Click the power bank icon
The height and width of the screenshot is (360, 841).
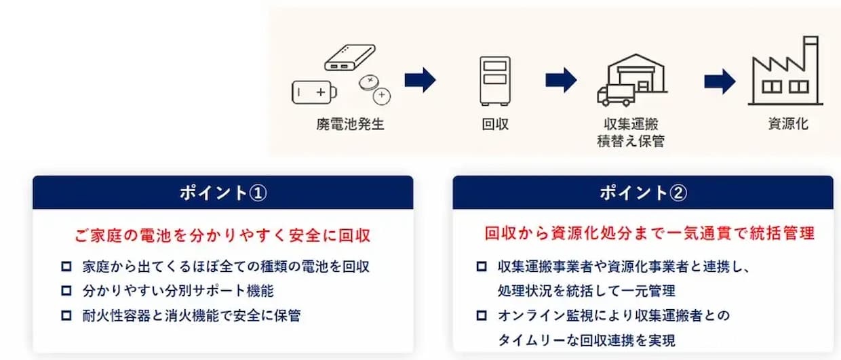pos(349,58)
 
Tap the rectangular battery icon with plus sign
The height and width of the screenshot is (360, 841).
pos(314,92)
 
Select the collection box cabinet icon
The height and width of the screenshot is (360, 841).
pos(495,81)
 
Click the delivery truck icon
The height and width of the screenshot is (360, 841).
pos(616,96)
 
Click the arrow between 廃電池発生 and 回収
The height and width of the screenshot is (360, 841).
pos(420,79)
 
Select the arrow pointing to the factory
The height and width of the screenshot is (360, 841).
pos(720,81)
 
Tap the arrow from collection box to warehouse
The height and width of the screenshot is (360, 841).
pos(561,80)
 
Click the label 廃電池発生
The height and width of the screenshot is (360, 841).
pos(350,124)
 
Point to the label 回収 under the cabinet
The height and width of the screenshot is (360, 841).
pos(495,124)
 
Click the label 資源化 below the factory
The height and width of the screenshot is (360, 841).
pos(788,123)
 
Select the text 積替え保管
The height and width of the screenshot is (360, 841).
pos(631,141)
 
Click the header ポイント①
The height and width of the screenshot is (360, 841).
pos(223,193)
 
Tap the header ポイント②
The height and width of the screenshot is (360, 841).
pos(643,193)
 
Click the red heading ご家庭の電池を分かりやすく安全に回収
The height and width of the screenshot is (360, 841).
pos(222,235)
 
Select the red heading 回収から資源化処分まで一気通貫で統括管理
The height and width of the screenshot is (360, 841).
pos(650,233)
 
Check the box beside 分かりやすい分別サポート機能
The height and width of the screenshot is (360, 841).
pos(66,291)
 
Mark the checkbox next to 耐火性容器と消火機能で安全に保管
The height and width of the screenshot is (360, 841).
pos(66,315)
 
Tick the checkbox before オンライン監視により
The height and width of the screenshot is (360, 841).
pos(482,315)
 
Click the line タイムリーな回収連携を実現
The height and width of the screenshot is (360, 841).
pos(587,340)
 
